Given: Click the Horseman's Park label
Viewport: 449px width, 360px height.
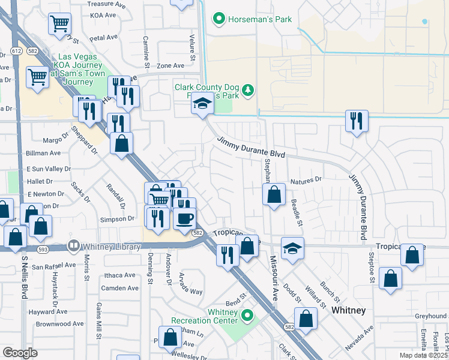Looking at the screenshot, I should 260,20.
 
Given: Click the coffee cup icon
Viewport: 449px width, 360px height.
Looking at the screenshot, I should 184,218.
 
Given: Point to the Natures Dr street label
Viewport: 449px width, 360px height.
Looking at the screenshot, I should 306,179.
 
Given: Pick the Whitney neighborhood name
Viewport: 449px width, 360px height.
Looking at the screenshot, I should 348,310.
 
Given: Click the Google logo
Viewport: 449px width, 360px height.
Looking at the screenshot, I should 20,353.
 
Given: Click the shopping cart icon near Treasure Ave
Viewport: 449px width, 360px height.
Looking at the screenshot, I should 59,24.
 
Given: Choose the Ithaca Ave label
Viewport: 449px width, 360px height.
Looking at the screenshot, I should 120,275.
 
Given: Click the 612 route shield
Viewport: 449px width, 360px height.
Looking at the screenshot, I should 16,52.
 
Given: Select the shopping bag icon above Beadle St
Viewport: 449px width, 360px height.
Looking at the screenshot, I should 274,195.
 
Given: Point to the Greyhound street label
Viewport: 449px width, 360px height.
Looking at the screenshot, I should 430,316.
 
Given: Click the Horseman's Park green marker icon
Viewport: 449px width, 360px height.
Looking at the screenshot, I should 220,20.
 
